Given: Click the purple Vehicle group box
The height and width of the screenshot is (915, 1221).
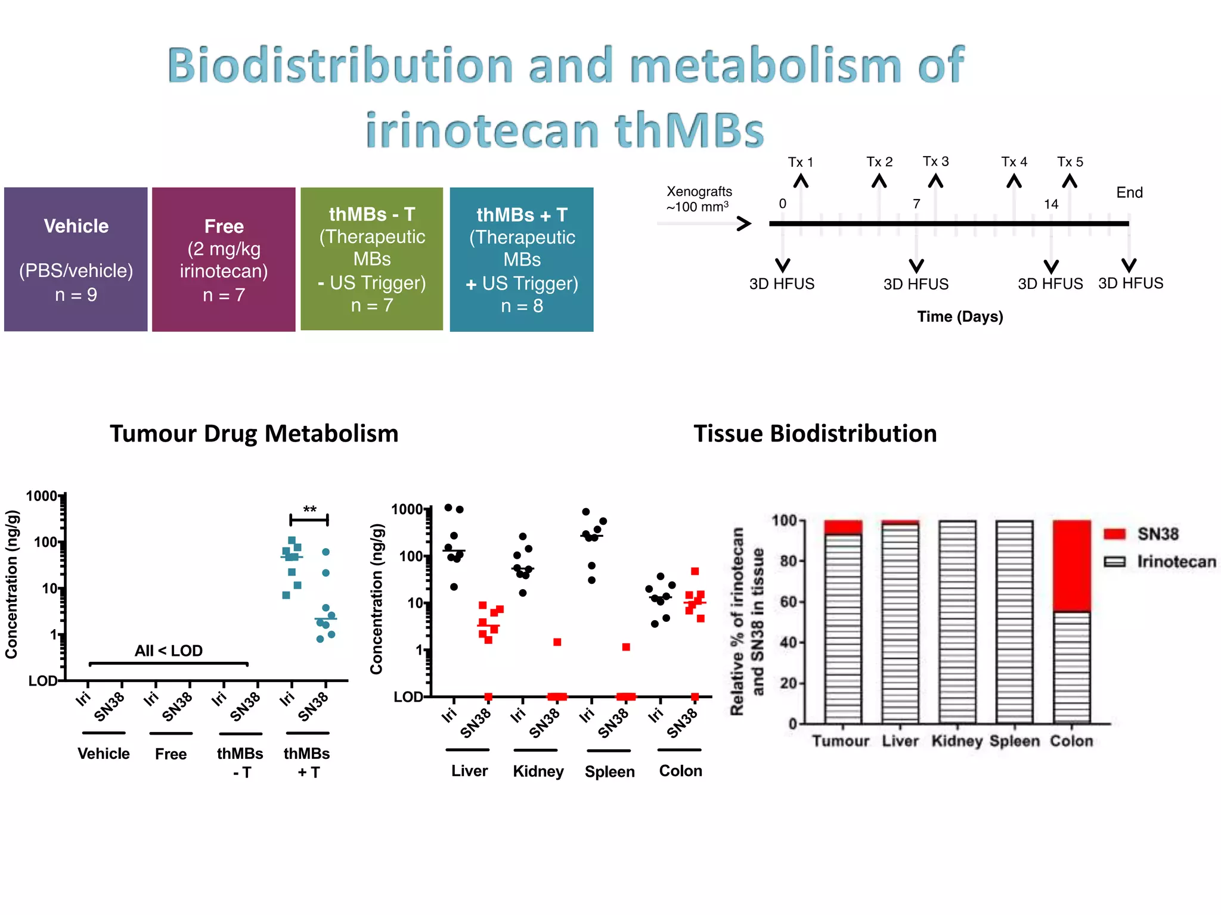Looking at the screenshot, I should pyautogui.click(x=76, y=259).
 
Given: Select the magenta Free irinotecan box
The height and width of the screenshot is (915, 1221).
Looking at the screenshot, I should pyautogui.click(x=224, y=259).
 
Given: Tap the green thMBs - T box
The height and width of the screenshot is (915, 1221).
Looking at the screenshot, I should pyautogui.click(x=371, y=259).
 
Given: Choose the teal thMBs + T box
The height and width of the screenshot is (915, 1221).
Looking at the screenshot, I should pyautogui.click(x=521, y=259).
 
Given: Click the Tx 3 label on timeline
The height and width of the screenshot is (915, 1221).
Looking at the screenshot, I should pyautogui.click(x=935, y=161).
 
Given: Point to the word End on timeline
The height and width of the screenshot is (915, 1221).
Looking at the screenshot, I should pyautogui.click(x=1129, y=192).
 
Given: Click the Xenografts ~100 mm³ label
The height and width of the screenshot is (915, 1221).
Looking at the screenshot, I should pyautogui.click(x=699, y=199).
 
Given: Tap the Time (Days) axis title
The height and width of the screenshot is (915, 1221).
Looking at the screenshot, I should pyautogui.click(x=960, y=316).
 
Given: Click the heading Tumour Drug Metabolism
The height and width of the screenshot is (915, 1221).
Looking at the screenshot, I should pyautogui.click(x=254, y=433).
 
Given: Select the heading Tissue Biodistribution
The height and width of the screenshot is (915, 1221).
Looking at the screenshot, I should pyautogui.click(x=815, y=433).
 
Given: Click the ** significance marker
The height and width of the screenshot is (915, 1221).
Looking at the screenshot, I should pyautogui.click(x=309, y=509).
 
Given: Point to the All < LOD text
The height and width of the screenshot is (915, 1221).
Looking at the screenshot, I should pyautogui.click(x=168, y=650).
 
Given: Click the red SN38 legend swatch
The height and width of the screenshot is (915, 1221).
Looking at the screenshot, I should pyautogui.click(x=1114, y=534).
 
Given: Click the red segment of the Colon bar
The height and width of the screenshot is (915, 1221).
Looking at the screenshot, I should pyautogui.click(x=1071, y=565).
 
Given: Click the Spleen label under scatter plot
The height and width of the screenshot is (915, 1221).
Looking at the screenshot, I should pyautogui.click(x=609, y=771).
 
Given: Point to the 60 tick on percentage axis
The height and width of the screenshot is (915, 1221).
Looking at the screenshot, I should pyautogui.click(x=788, y=602).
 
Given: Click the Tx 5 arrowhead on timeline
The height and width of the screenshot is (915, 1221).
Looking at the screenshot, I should pyautogui.click(x=1070, y=180).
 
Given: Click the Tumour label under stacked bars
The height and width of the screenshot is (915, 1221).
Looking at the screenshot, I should pyautogui.click(x=841, y=740).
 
